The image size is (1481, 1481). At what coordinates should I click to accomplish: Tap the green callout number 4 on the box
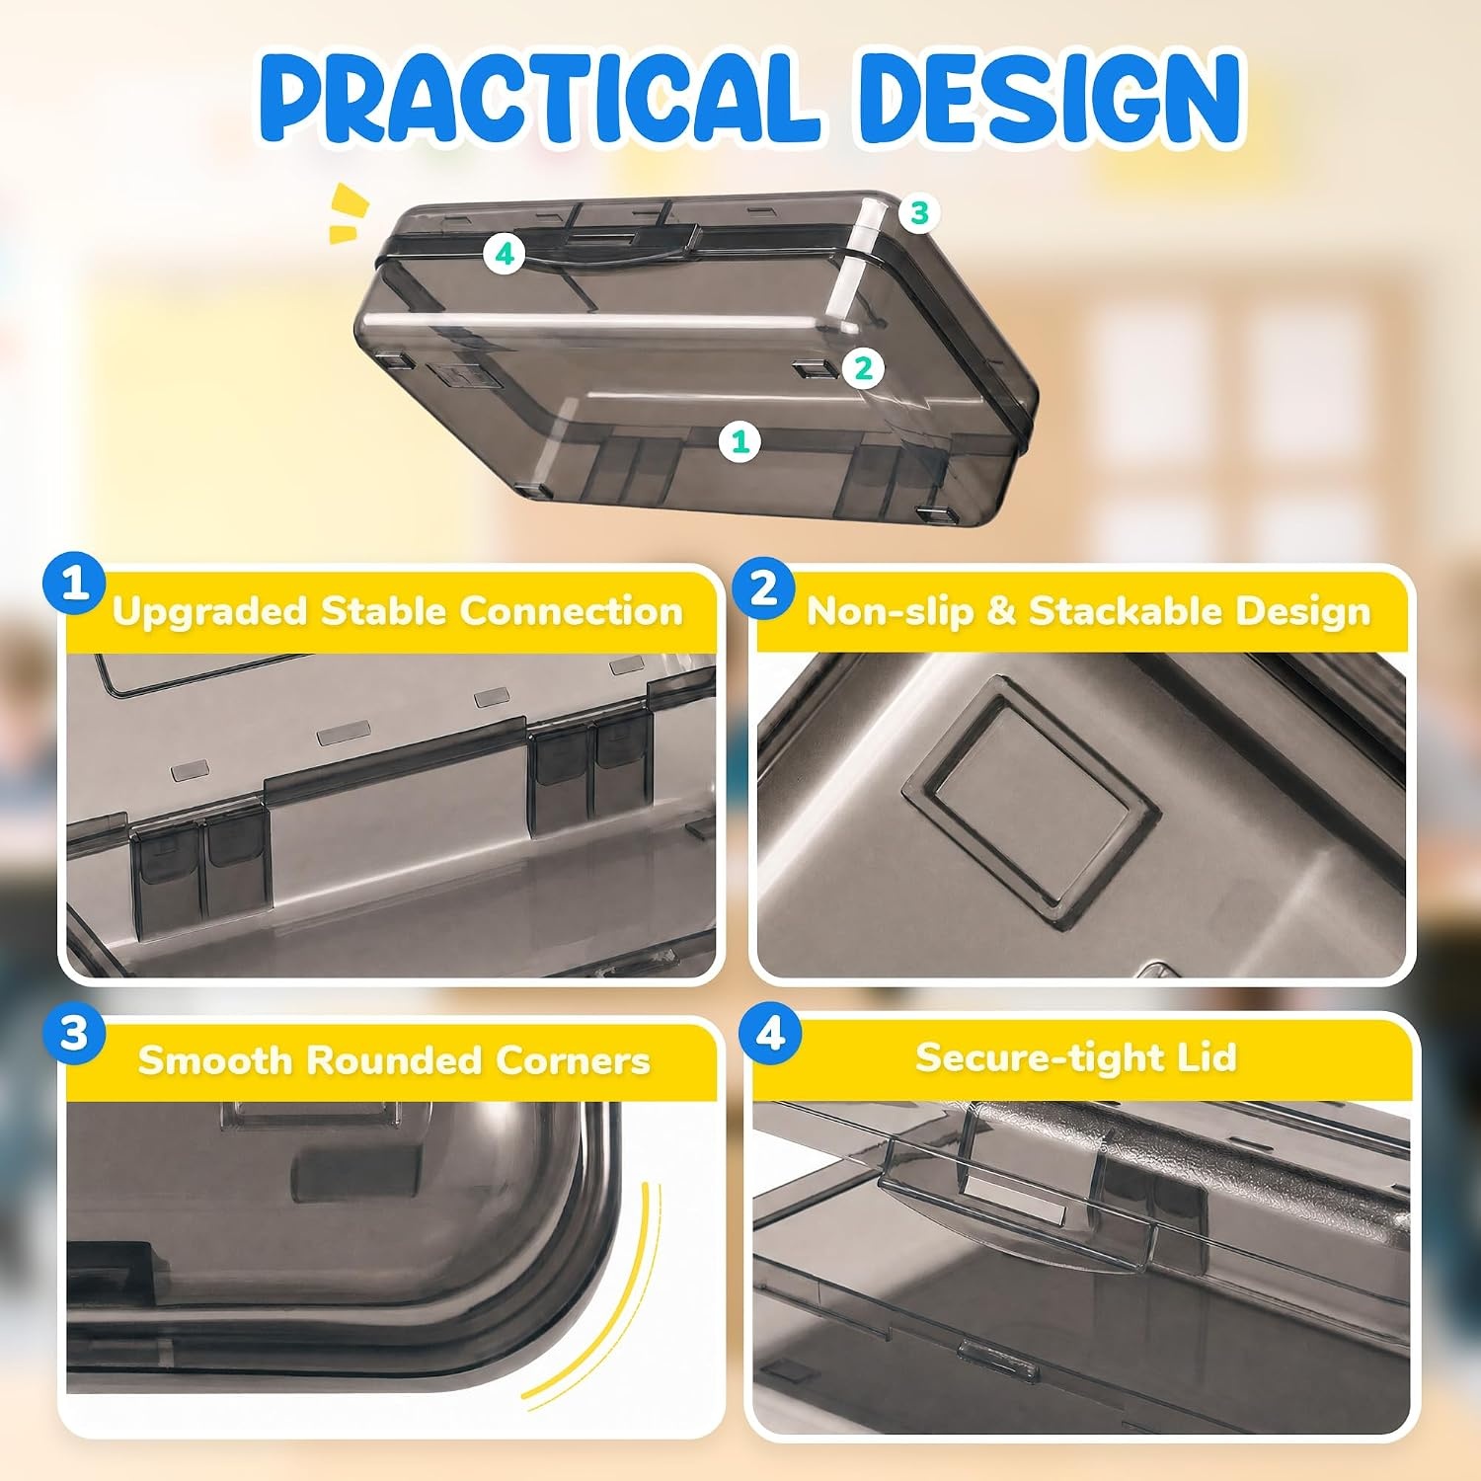click(x=505, y=255)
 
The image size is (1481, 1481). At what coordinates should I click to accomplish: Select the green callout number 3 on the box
click(x=919, y=213)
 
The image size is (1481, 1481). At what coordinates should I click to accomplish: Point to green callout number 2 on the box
click(x=864, y=368)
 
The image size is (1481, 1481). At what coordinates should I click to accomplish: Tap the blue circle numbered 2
click(x=764, y=589)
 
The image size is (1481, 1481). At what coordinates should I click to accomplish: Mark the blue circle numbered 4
click(x=770, y=1035)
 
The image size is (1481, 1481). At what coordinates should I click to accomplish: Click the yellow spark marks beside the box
click(x=349, y=212)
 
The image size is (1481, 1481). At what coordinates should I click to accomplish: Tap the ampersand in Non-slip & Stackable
click(x=1000, y=612)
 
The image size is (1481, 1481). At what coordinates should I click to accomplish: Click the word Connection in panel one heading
click(x=572, y=611)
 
